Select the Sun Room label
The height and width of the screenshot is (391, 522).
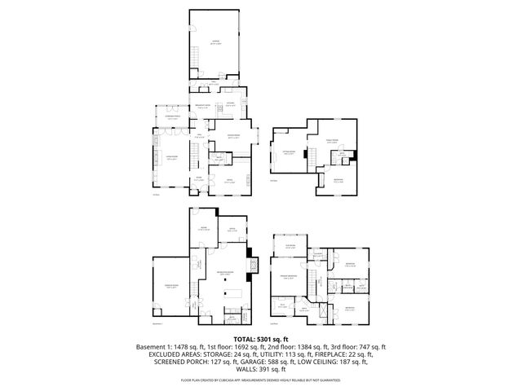point(290,245)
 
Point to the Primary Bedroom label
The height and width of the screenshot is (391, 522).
point(286,277)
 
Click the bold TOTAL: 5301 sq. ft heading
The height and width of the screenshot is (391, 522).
point(260,338)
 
